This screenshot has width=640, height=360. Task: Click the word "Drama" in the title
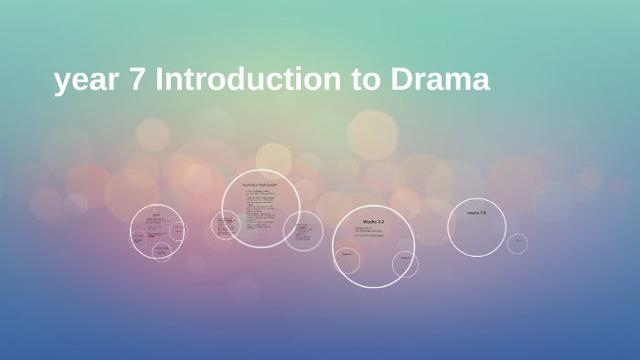tap(441, 80)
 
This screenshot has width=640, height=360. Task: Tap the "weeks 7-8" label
tap(476, 213)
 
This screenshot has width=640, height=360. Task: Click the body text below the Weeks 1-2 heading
tap(368, 233)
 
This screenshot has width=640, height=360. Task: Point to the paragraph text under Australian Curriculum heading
tap(260, 209)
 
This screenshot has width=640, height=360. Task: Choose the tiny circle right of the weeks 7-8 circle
tap(517, 243)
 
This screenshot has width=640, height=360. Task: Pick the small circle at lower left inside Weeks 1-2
tap(347, 260)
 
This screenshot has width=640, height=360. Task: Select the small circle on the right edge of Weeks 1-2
tap(405, 264)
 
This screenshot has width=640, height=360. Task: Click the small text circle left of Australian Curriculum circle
tap(225, 225)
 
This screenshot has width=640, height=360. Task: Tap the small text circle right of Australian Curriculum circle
tap(303, 230)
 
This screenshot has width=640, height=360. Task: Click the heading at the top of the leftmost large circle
tap(156, 215)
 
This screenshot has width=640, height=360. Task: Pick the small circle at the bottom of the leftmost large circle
tap(162, 250)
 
